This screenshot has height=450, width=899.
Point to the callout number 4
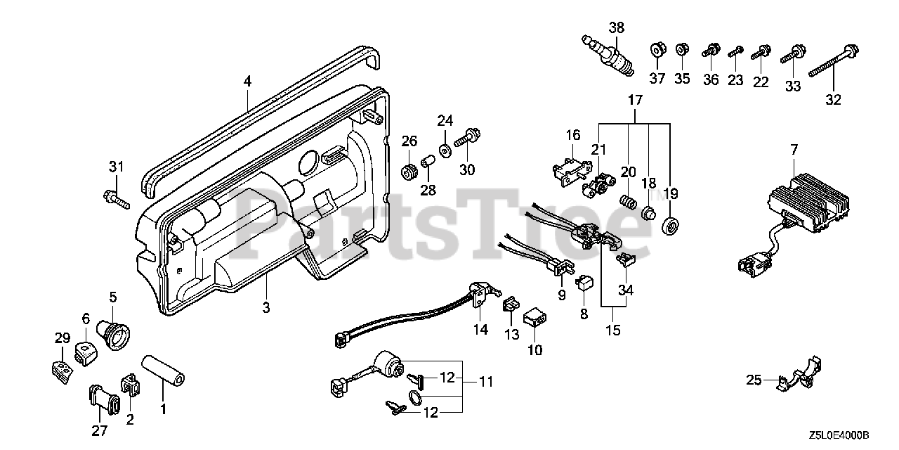[x=247, y=82]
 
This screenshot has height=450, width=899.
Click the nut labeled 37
[x=658, y=51]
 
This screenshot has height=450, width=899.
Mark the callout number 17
[x=635, y=101]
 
